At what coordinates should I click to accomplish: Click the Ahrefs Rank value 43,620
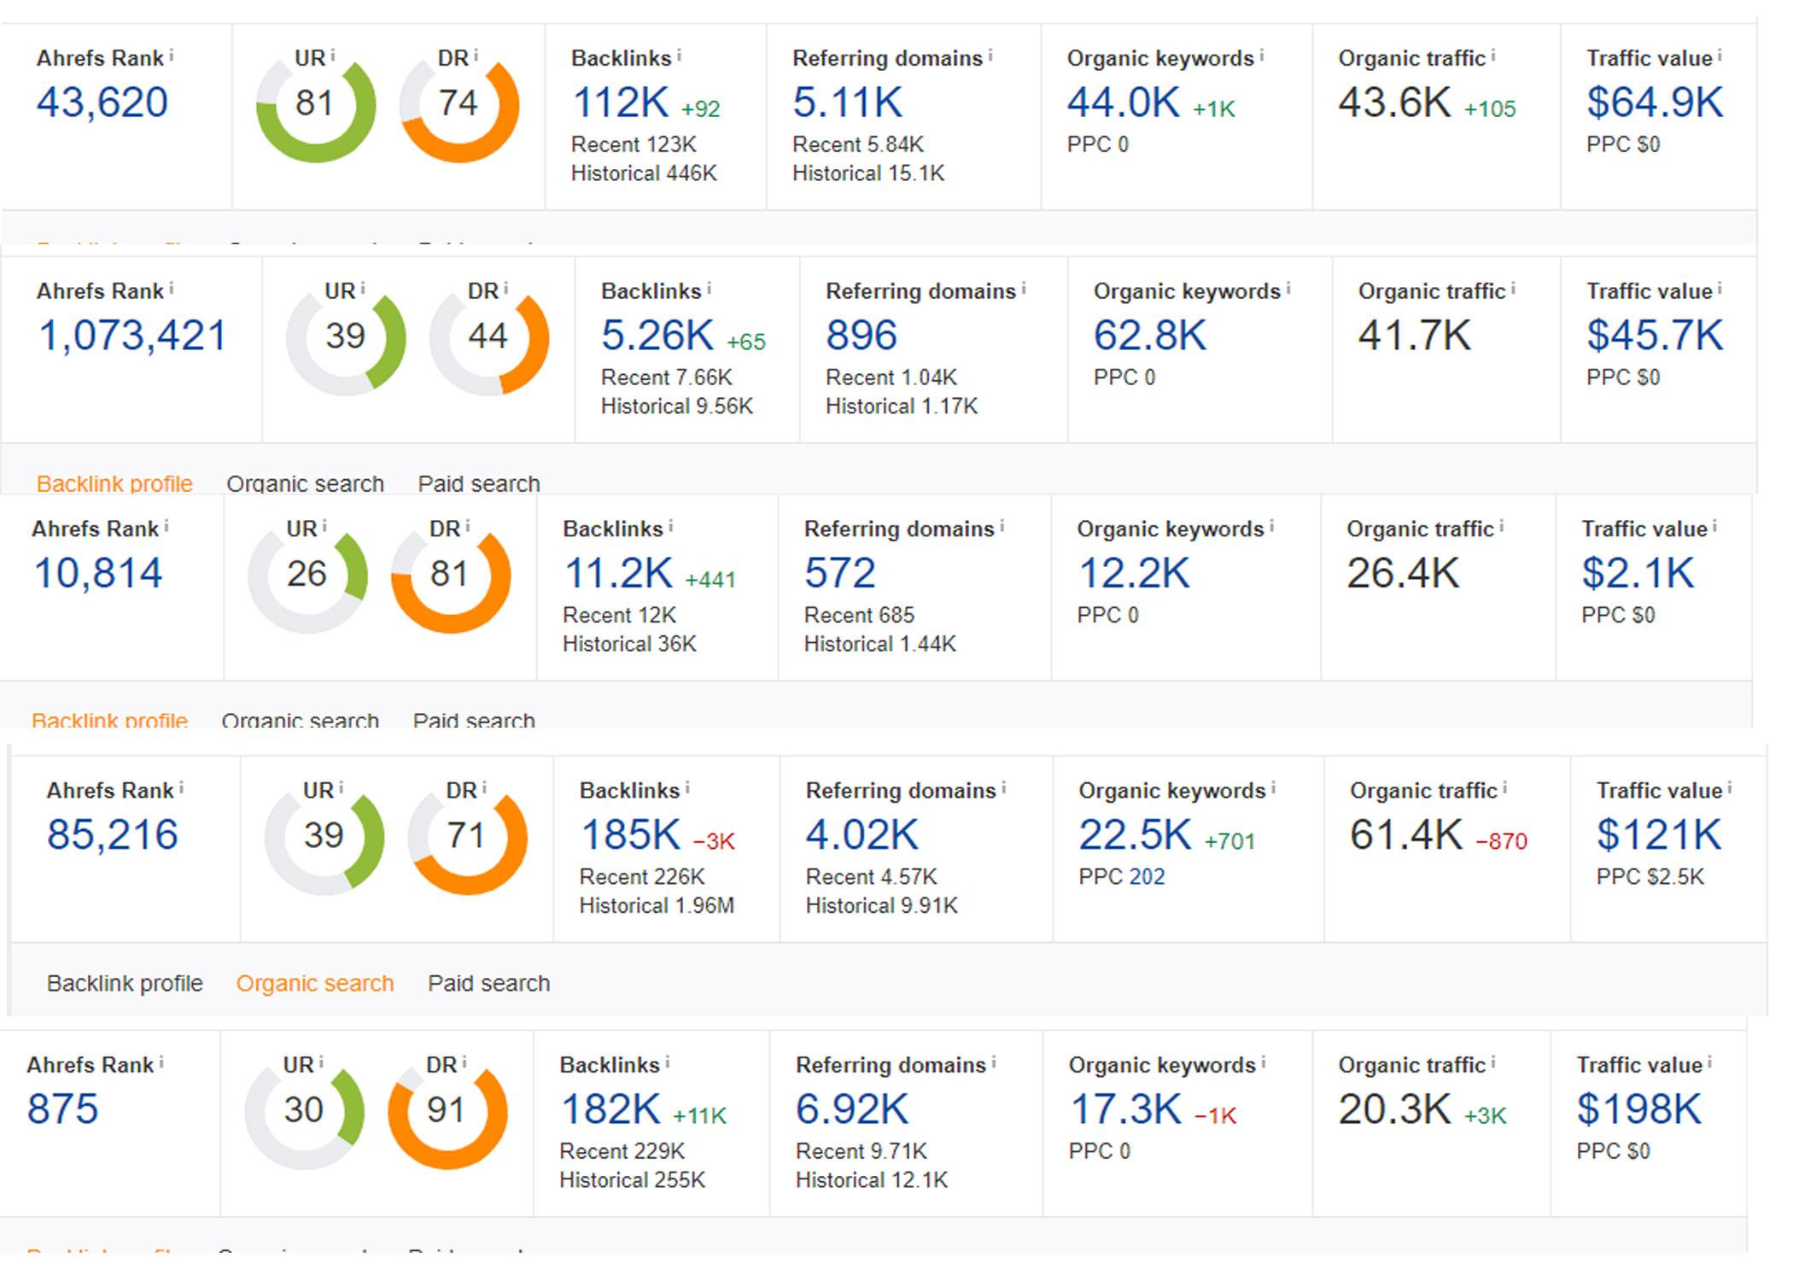[x=102, y=102]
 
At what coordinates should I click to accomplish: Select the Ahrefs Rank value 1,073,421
[x=132, y=336]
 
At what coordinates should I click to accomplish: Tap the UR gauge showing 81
[x=315, y=103]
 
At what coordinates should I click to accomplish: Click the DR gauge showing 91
[x=447, y=1110]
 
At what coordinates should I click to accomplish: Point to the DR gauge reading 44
[x=488, y=336]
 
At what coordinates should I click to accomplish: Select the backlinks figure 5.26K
[x=657, y=336]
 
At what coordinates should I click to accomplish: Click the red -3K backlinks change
[x=714, y=841]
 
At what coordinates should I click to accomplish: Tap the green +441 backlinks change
[x=710, y=580]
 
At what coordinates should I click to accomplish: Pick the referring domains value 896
[x=861, y=336]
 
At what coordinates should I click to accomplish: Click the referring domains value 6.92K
[x=851, y=1109]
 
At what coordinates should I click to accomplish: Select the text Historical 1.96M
[x=657, y=905]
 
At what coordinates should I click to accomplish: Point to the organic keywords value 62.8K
[x=1149, y=336]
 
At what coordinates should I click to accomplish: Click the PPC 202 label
[x=1121, y=877]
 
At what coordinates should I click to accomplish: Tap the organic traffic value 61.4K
[x=1405, y=835]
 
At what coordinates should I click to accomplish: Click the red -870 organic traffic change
[x=1501, y=841]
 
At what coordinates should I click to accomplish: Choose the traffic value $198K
[x=1638, y=1109]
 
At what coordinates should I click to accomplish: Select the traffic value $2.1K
[x=1637, y=573]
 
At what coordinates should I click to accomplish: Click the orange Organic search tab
[x=315, y=984]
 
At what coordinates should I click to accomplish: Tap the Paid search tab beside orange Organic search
[x=488, y=984]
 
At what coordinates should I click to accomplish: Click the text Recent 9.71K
[x=861, y=1151]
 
